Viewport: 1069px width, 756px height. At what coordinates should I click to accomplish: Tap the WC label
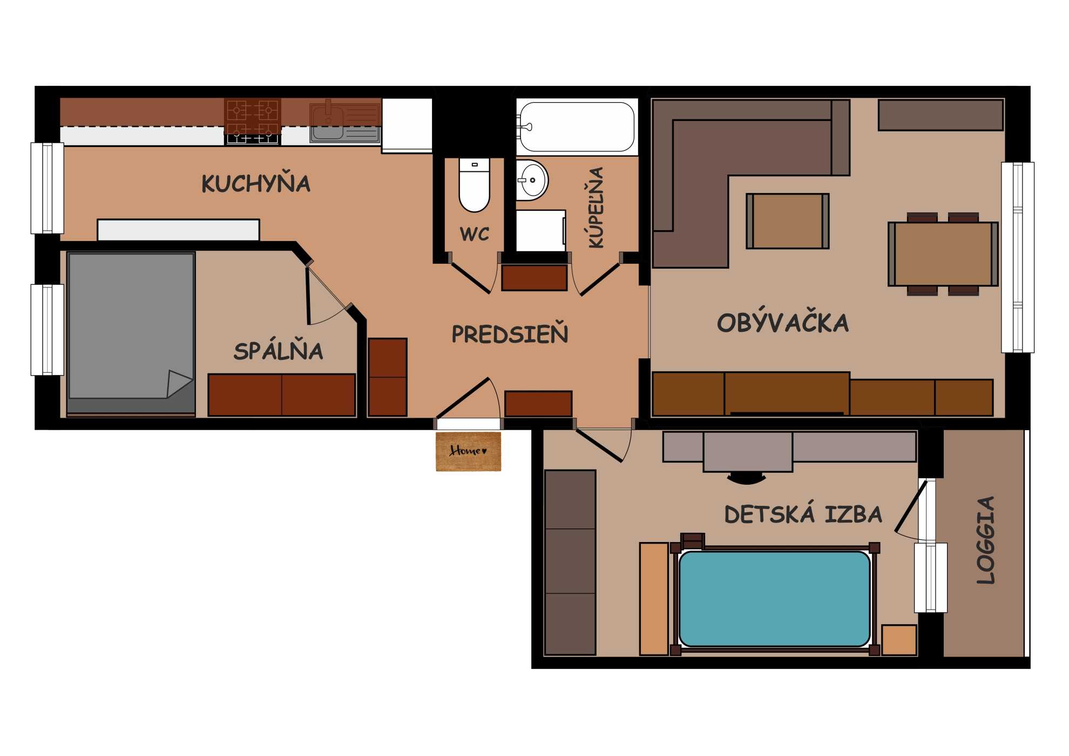click(x=475, y=234)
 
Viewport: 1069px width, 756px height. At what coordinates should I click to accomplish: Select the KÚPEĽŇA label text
click(x=596, y=208)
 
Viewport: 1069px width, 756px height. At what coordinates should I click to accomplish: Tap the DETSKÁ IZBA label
click(x=803, y=513)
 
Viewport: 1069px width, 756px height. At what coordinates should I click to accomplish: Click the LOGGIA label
click(x=986, y=540)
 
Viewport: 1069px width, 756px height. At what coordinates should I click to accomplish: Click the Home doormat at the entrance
click(x=468, y=451)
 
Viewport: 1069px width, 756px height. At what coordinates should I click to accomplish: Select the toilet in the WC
click(x=474, y=184)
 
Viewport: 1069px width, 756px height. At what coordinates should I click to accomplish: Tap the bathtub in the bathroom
click(x=577, y=127)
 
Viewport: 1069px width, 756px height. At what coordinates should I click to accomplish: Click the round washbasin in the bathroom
click(x=532, y=180)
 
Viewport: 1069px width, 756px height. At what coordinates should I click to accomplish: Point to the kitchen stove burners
click(x=252, y=121)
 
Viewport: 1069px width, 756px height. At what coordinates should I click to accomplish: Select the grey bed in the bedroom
click(x=131, y=333)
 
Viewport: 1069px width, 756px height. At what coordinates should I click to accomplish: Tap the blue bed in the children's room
click(x=775, y=598)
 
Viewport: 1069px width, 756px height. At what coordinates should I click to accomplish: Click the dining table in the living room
click(x=943, y=253)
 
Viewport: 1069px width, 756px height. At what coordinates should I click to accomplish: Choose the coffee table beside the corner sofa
click(x=788, y=221)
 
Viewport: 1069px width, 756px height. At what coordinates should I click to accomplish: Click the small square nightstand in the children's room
click(x=899, y=640)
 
